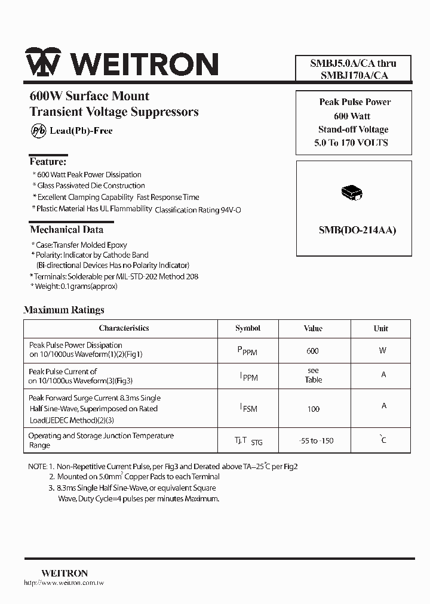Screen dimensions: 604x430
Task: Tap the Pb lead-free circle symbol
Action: point(37,131)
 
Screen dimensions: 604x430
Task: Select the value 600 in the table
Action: point(312,351)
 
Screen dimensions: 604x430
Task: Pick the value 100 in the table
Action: point(313,409)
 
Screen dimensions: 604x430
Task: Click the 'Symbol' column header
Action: point(248,328)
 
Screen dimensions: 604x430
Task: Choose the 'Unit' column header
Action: point(381,328)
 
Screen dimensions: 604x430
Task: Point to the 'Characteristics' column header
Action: point(124,328)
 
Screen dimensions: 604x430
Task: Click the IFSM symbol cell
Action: point(248,408)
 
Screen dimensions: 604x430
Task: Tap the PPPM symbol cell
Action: point(247,352)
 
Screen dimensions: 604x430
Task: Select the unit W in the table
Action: point(382,351)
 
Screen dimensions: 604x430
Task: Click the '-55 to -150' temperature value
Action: point(316,441)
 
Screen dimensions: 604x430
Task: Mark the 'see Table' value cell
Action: point(313,375)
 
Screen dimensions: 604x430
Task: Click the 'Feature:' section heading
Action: point(48,162)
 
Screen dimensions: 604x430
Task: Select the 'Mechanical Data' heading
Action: point(66,230)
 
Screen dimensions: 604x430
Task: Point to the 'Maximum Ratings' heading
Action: point(64,310)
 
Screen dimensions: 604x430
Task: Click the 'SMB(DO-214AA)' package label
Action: point(354,230)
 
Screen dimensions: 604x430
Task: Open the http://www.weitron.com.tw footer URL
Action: point(63,583)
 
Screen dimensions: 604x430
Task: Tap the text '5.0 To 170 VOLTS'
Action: point(351,143)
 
